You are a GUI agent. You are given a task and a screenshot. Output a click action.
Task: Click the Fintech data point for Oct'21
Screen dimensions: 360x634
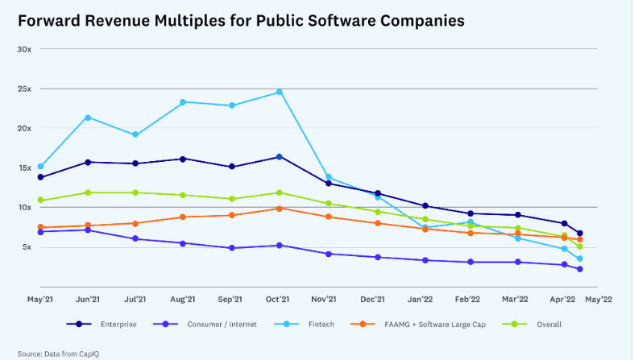tap(279, 92)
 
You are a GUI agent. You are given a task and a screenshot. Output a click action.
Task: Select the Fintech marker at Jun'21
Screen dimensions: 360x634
tap(87, 118)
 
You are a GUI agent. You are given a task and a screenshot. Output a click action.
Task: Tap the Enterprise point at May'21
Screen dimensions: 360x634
tap(40, 177)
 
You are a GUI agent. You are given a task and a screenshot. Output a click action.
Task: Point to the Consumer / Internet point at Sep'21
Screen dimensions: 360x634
tap(231, 248)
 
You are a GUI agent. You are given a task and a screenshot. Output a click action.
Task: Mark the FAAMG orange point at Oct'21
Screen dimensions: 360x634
tap(279, 209)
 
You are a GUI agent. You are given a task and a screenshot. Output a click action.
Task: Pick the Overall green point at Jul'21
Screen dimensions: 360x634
tap(135, 192)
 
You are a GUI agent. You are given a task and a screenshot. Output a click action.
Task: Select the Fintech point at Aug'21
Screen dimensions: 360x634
tap(183, 102)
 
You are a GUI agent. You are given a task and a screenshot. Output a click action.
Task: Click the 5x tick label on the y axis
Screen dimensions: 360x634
tap(26, 247)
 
